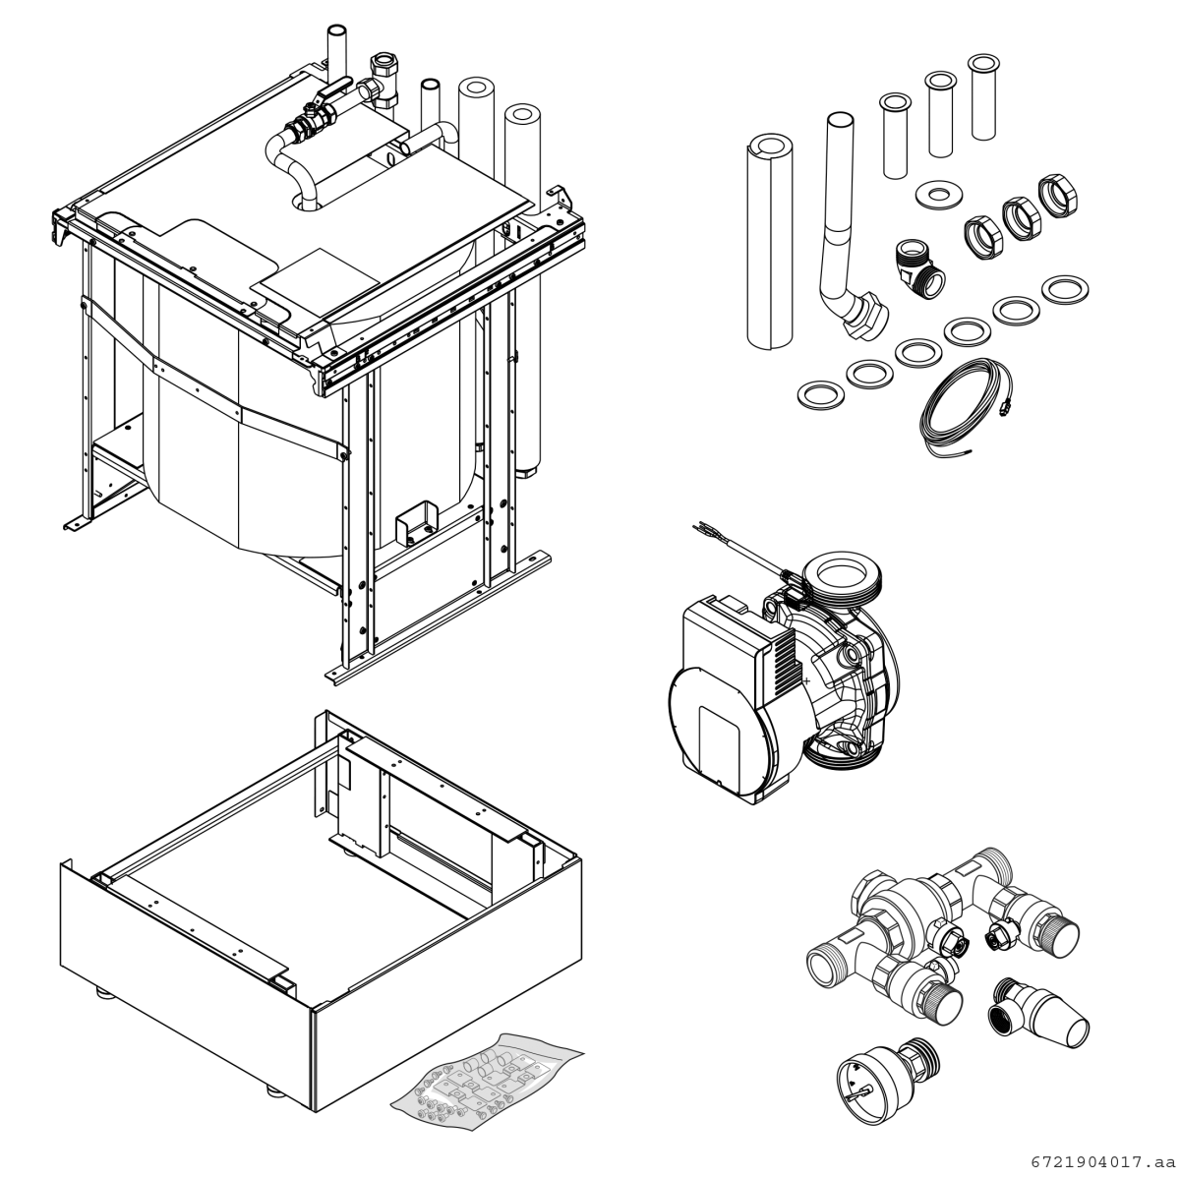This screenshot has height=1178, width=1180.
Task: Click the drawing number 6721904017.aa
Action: tap(1103, 1162)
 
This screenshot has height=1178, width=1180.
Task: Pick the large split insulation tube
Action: tap(770, 242)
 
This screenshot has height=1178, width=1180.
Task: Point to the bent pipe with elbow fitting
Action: tap(850, 227)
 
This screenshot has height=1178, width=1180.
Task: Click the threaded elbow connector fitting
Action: tap(918, 269)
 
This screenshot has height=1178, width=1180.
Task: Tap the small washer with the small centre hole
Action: tap(938, 195)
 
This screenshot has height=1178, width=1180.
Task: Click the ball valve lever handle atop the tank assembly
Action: tap(334, 90)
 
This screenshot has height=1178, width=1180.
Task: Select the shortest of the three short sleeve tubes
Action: tap(895, 136)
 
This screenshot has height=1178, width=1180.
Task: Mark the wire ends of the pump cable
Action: tap(703, 530)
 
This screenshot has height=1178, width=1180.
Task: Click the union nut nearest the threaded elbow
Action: tap(983, 238)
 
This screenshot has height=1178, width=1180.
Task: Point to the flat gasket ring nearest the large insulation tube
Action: tap(821, 395)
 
